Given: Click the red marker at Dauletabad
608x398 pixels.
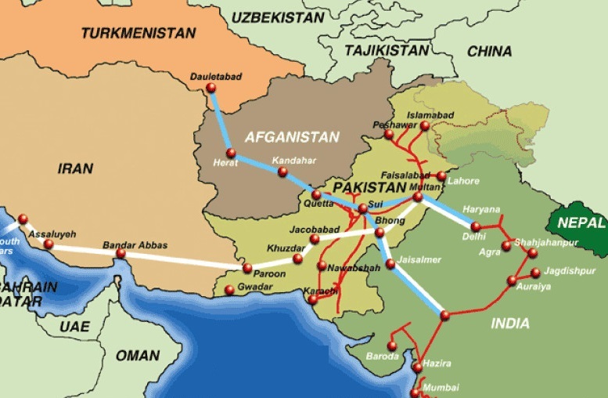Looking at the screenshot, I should (x=210, y=88).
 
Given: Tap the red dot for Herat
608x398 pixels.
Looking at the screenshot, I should (x=231, y=154).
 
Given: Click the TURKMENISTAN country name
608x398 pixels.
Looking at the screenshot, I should (x=138, y=33).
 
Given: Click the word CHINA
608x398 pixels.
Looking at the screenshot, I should (x=489, y=51).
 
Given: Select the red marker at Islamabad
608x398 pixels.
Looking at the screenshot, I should (x=425, y=126).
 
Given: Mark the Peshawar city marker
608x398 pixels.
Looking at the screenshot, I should (x=389, y=135).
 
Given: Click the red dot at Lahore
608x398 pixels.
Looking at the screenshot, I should (x=441, y=176).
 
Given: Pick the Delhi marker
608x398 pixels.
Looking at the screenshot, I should (x=476, y=226).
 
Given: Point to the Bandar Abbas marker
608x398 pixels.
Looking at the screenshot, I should (x=121, y=254).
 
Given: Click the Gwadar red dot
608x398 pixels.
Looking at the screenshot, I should (x=229, y=291).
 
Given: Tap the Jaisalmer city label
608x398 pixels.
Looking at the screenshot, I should (x=419, y=259).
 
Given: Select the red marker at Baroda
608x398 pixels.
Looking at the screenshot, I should (x=392, y=346).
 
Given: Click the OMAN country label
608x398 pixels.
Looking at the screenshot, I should (x=137, y=356).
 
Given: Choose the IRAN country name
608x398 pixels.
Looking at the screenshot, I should (x=75, y=168).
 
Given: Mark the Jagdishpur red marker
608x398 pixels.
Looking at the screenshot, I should (x=535, y=273).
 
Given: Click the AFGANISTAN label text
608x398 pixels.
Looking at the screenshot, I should (x=292, y=137).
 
